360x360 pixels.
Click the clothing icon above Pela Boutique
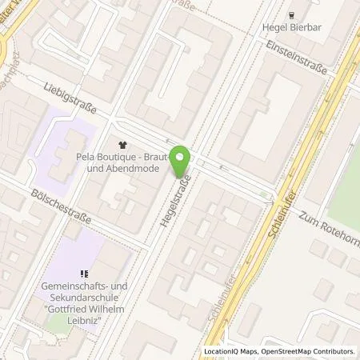click(122, 146)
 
